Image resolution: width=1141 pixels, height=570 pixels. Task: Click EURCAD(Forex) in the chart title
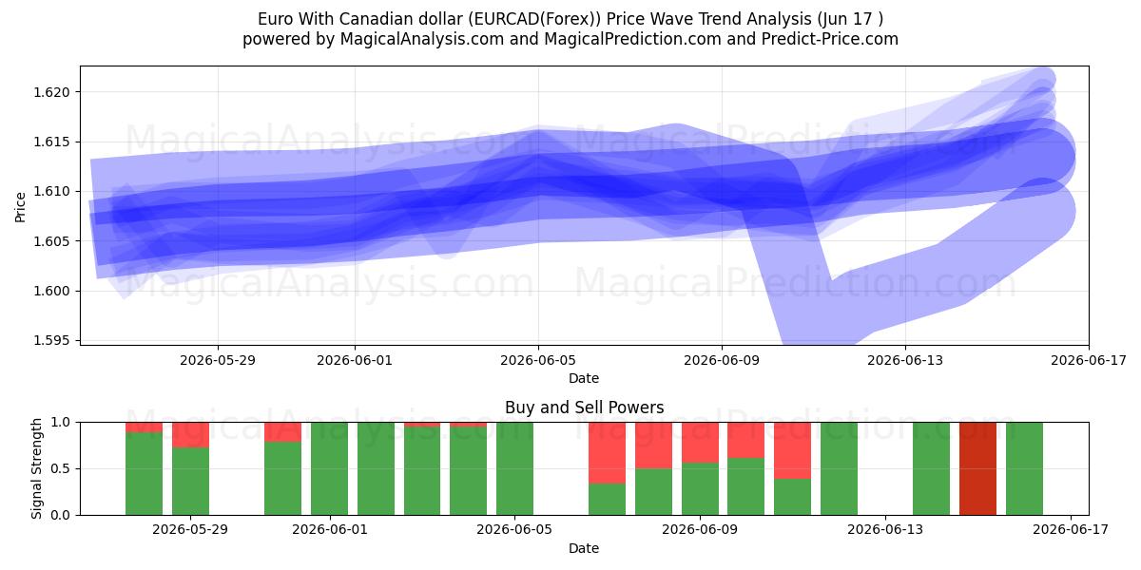click(534, 19)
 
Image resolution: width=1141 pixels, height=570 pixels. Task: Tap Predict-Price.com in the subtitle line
click(830, 39)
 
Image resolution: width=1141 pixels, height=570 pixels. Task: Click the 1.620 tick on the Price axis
click(51, 92)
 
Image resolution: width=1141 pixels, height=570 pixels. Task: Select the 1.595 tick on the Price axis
click(51, 340)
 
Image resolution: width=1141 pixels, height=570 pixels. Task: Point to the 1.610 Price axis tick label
click(51, 191)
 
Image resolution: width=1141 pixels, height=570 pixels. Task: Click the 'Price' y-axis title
click(20, 207)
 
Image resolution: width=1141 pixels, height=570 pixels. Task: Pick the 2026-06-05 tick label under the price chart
click(538, 360)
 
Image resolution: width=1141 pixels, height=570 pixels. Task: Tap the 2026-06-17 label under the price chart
click(1089, 360)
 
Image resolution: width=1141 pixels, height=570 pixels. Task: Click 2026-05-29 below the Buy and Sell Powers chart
click(190, 530)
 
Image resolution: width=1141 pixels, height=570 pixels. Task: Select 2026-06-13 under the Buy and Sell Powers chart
click(885, 530)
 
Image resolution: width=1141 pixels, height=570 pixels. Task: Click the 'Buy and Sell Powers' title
click(584, 408)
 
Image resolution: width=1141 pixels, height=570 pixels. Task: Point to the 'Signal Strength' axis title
click(36, 468)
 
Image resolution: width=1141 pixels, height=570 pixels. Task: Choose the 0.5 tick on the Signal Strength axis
click(61, 468)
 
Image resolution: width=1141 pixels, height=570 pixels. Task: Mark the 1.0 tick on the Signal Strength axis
click(61, 423)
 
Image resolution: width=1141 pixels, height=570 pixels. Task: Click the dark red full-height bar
click(978, 468)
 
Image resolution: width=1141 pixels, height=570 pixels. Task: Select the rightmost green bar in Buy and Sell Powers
click(1024, 468)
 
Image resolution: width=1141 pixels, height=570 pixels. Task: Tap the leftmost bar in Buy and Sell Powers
click(145, 468)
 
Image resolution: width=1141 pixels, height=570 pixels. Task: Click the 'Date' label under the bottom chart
click(584, 548)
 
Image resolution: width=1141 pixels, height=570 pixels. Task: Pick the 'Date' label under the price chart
click(584, 378)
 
